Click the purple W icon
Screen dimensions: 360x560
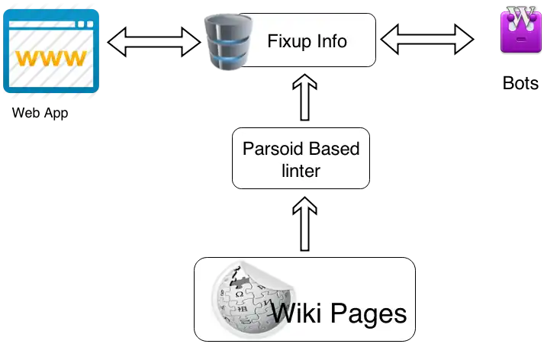[522, 30]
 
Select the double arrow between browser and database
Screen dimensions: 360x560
[156, 41]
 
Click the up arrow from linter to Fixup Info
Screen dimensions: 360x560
[305, 97]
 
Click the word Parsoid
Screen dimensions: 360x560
[269, 149]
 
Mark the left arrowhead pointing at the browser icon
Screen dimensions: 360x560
[117, 42]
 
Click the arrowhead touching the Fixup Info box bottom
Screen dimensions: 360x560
[305, 79]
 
